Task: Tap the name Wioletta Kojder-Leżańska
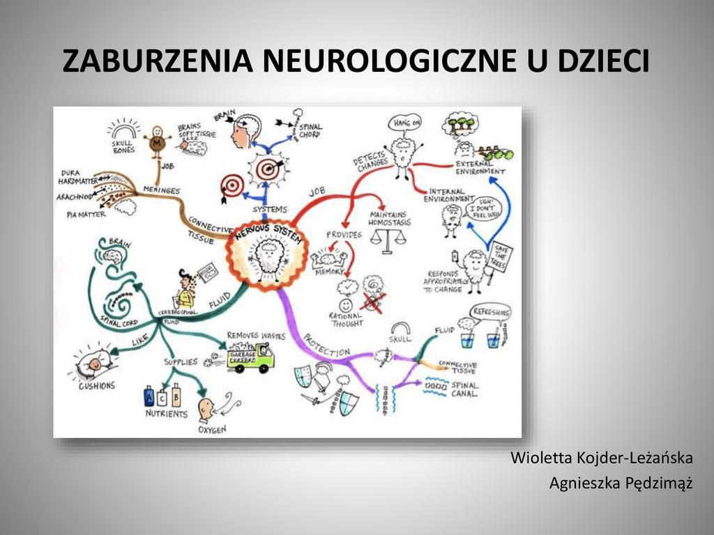(601, 458)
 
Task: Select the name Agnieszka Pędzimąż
(621, 482)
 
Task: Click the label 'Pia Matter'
(86, 215)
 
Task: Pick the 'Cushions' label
(96, 385)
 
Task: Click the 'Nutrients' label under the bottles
(166, 414)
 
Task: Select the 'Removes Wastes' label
(256, 335)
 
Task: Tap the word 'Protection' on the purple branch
(326, 346)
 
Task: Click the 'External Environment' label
(480, 167)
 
